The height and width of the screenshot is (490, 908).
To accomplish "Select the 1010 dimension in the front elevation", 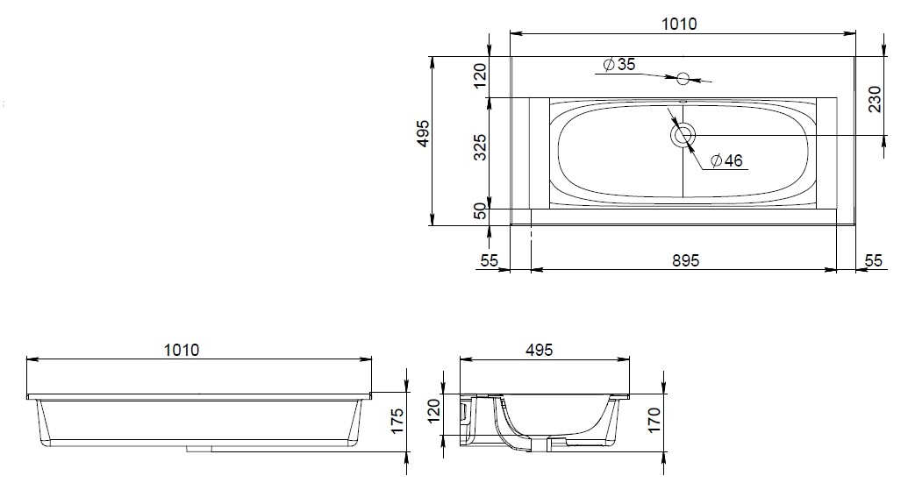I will (x=181, y=350).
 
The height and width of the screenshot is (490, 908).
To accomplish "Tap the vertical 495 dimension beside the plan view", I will (x=423, y=134).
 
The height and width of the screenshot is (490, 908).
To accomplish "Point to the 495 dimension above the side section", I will (x=539, y=350).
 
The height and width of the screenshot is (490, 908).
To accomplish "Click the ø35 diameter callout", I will (x=618, y=65).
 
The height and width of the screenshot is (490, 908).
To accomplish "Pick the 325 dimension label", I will (x=480, y=149).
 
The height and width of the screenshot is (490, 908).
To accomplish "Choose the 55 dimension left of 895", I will (x=490, y=260).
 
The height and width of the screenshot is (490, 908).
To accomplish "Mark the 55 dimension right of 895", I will (x=874, y=260).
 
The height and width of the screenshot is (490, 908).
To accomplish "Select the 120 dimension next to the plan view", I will (x=480, y=75).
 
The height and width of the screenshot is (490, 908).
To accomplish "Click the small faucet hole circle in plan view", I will (x=683, y=78).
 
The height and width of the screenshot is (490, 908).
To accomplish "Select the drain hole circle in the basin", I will (x=683, y=135).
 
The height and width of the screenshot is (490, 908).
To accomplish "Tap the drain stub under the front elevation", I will (x=200, y=449).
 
